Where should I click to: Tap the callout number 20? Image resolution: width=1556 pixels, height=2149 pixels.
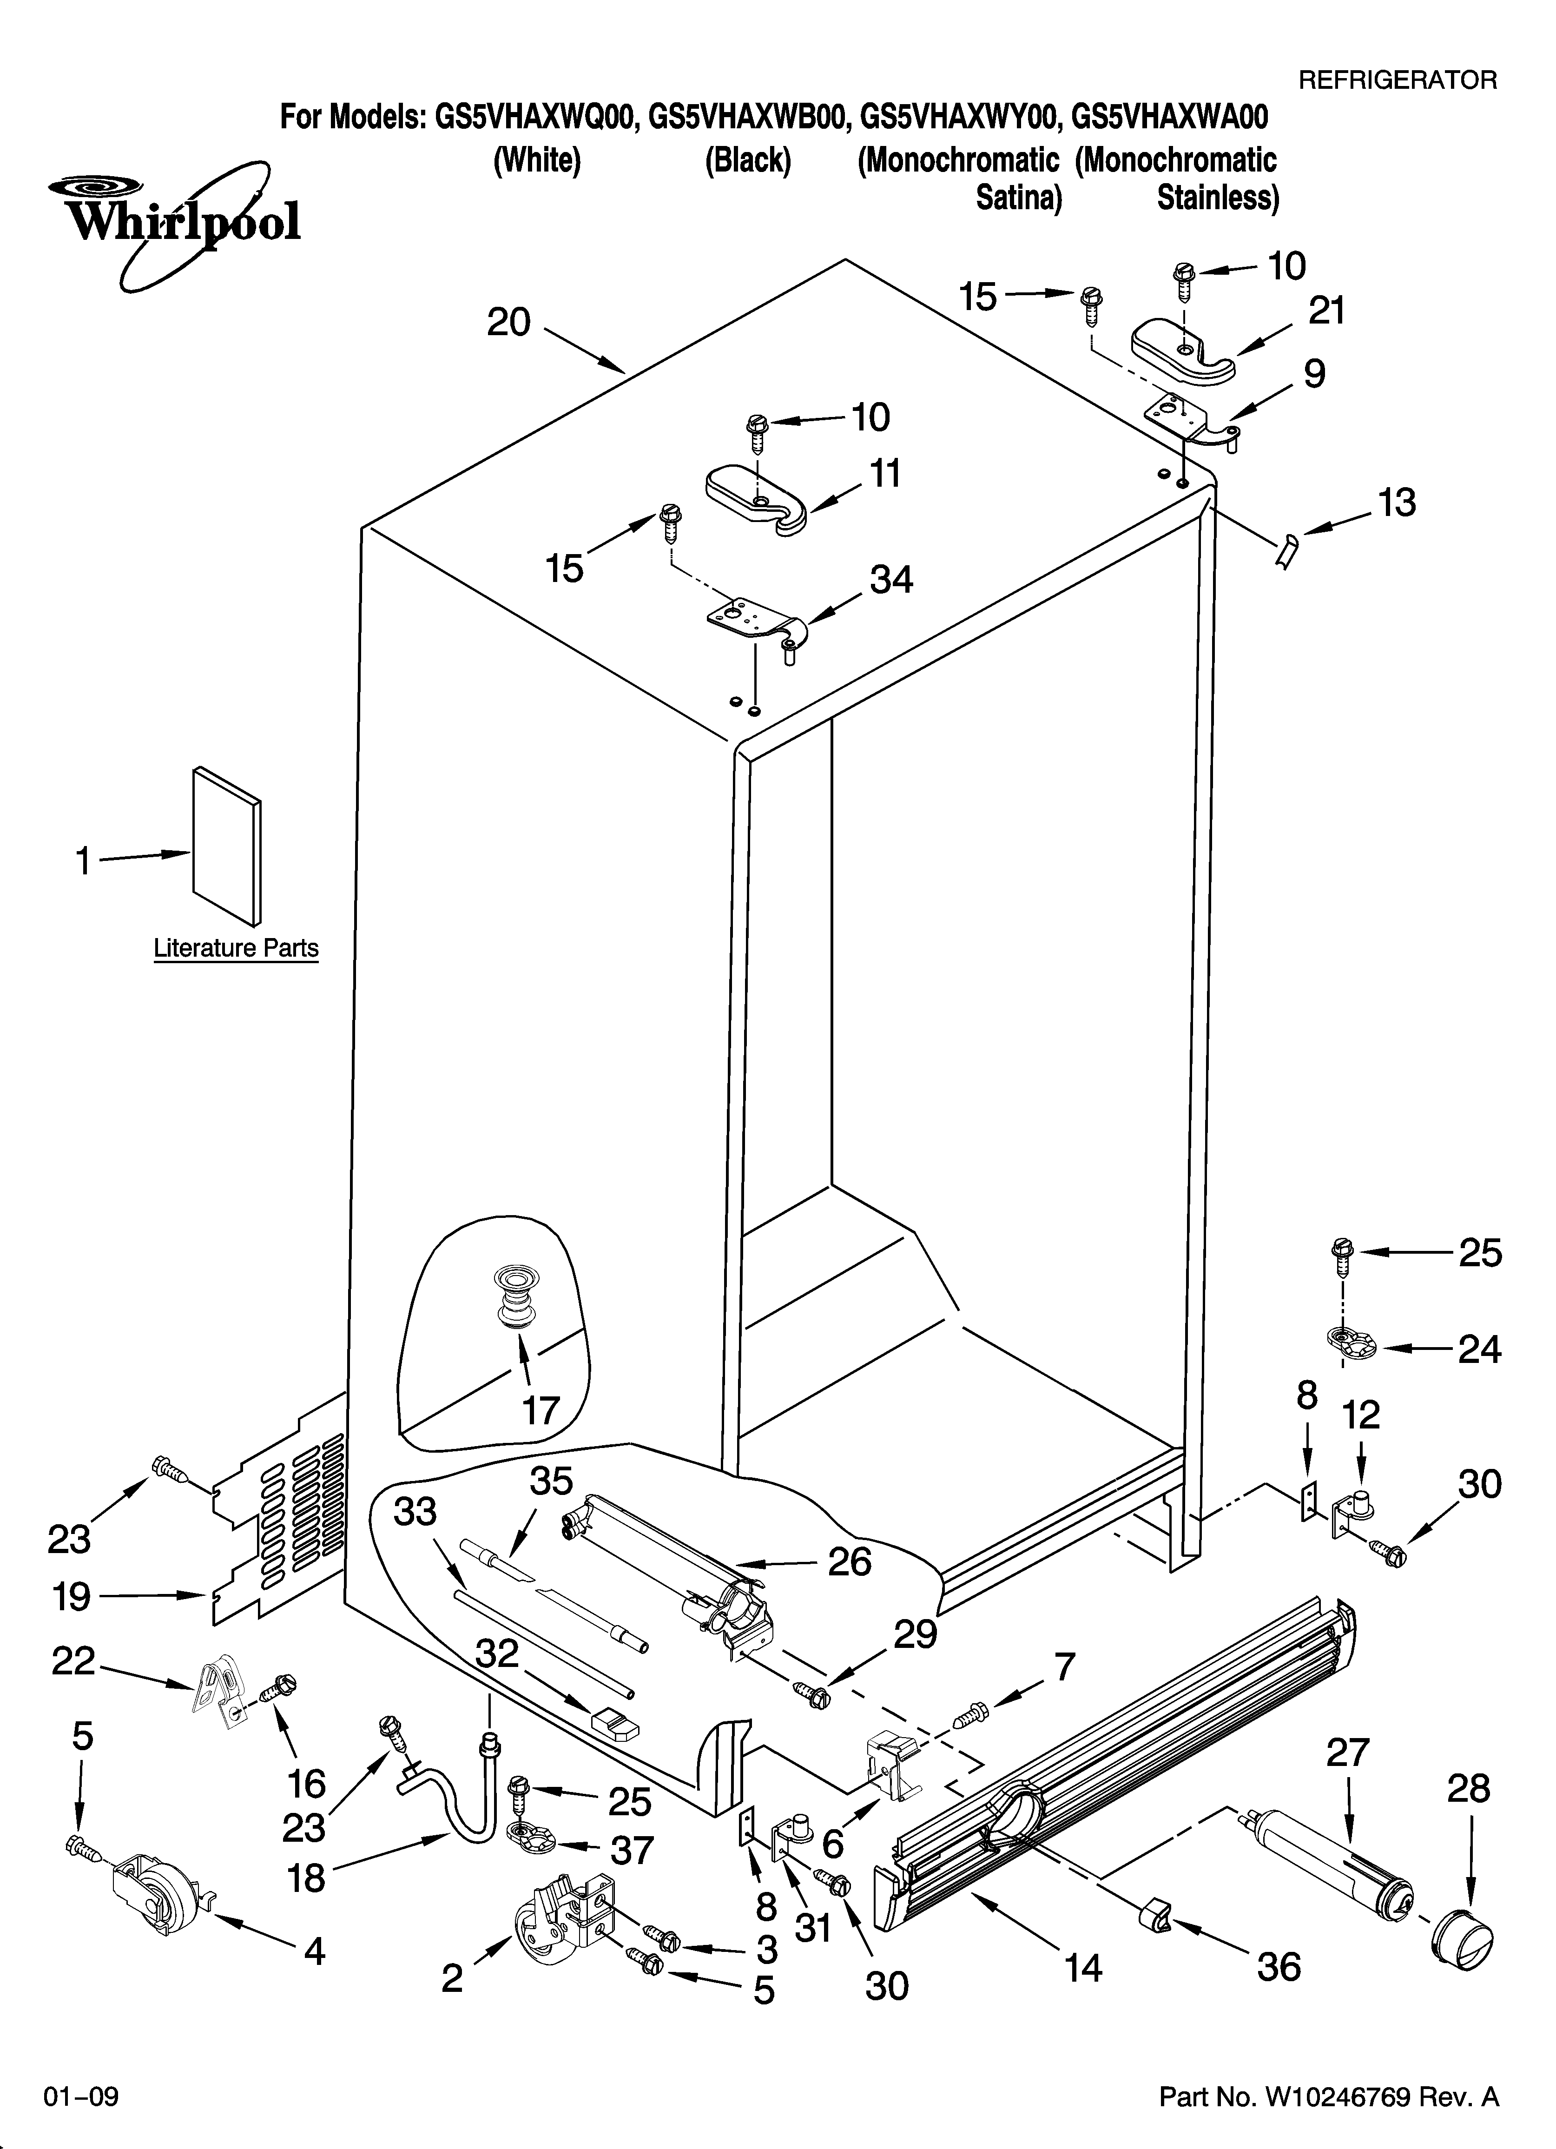tap(509, 323)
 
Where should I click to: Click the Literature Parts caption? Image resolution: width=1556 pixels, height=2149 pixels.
tap(236, 948)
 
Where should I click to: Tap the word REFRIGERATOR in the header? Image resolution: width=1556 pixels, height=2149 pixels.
tap(1397, 80)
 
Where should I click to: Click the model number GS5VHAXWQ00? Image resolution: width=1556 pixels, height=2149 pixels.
tap(533, 118)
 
